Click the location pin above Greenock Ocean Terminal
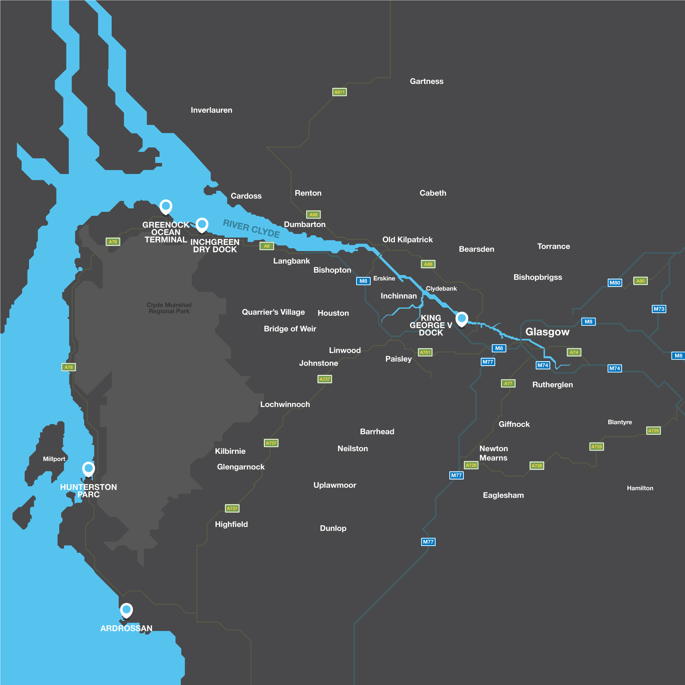[x=165, y=206]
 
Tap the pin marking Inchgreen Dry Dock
[x=202, y=224]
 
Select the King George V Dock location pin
[x=462, y=319]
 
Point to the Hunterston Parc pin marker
[x=88, y=469]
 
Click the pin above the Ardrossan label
[x=126, y=610]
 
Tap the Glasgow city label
[x=547, y=332]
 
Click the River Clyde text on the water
[x=251, y=229]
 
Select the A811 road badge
[x=339, y=92]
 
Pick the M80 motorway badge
[x=615, y=283]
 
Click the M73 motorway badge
[x=659, y=309]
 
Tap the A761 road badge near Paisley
[x=425, y=352]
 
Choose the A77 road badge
[x=508, y=383]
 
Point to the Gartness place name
[x=426, y=82]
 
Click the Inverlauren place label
[x=211, y=110]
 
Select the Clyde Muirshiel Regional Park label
[x=169, y=308]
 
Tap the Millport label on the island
[x=54, y=459]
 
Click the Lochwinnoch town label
[x=285, y=404]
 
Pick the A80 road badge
[x=640, y=281]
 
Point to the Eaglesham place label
[x=503, y=495]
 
